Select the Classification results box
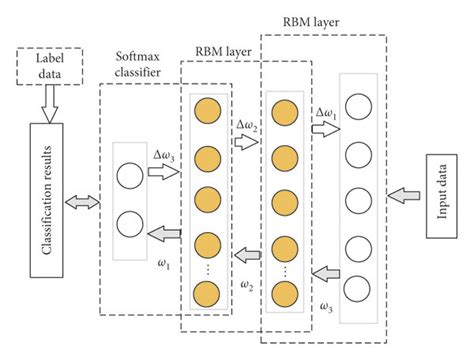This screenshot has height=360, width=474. pos(47,201)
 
